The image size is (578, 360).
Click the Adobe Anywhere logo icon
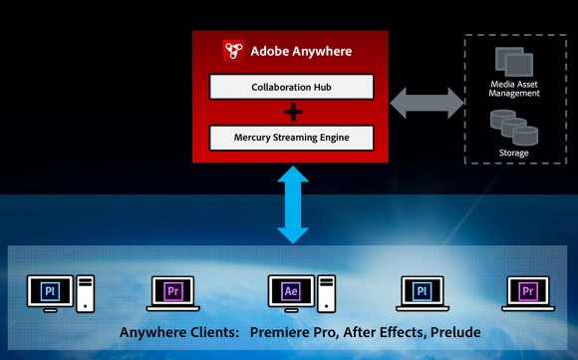[234, 51]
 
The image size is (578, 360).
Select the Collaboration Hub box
[292, 87]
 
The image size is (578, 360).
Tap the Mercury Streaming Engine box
[292, 135]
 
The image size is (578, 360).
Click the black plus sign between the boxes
[292, 111]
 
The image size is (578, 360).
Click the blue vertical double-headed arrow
[292, 205]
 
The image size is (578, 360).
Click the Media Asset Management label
[514, 90]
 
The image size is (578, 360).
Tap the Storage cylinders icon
[513, 127]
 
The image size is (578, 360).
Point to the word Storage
[514, 153]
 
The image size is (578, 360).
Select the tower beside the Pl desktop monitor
[86, 293]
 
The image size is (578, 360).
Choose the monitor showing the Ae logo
[291, 291]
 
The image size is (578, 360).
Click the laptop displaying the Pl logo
[422, 291]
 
